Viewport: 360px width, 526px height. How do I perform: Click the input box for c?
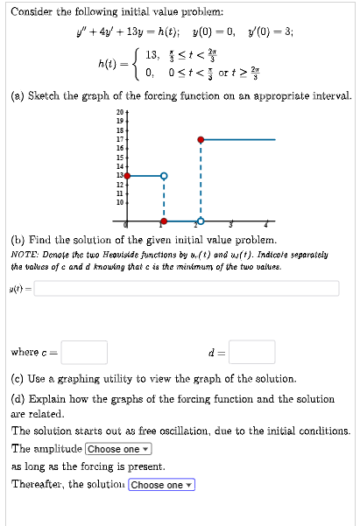coord(84,352)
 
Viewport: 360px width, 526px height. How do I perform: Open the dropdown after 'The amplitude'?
coord(119,449)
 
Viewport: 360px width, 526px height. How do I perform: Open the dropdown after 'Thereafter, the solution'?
coord(161,485)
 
